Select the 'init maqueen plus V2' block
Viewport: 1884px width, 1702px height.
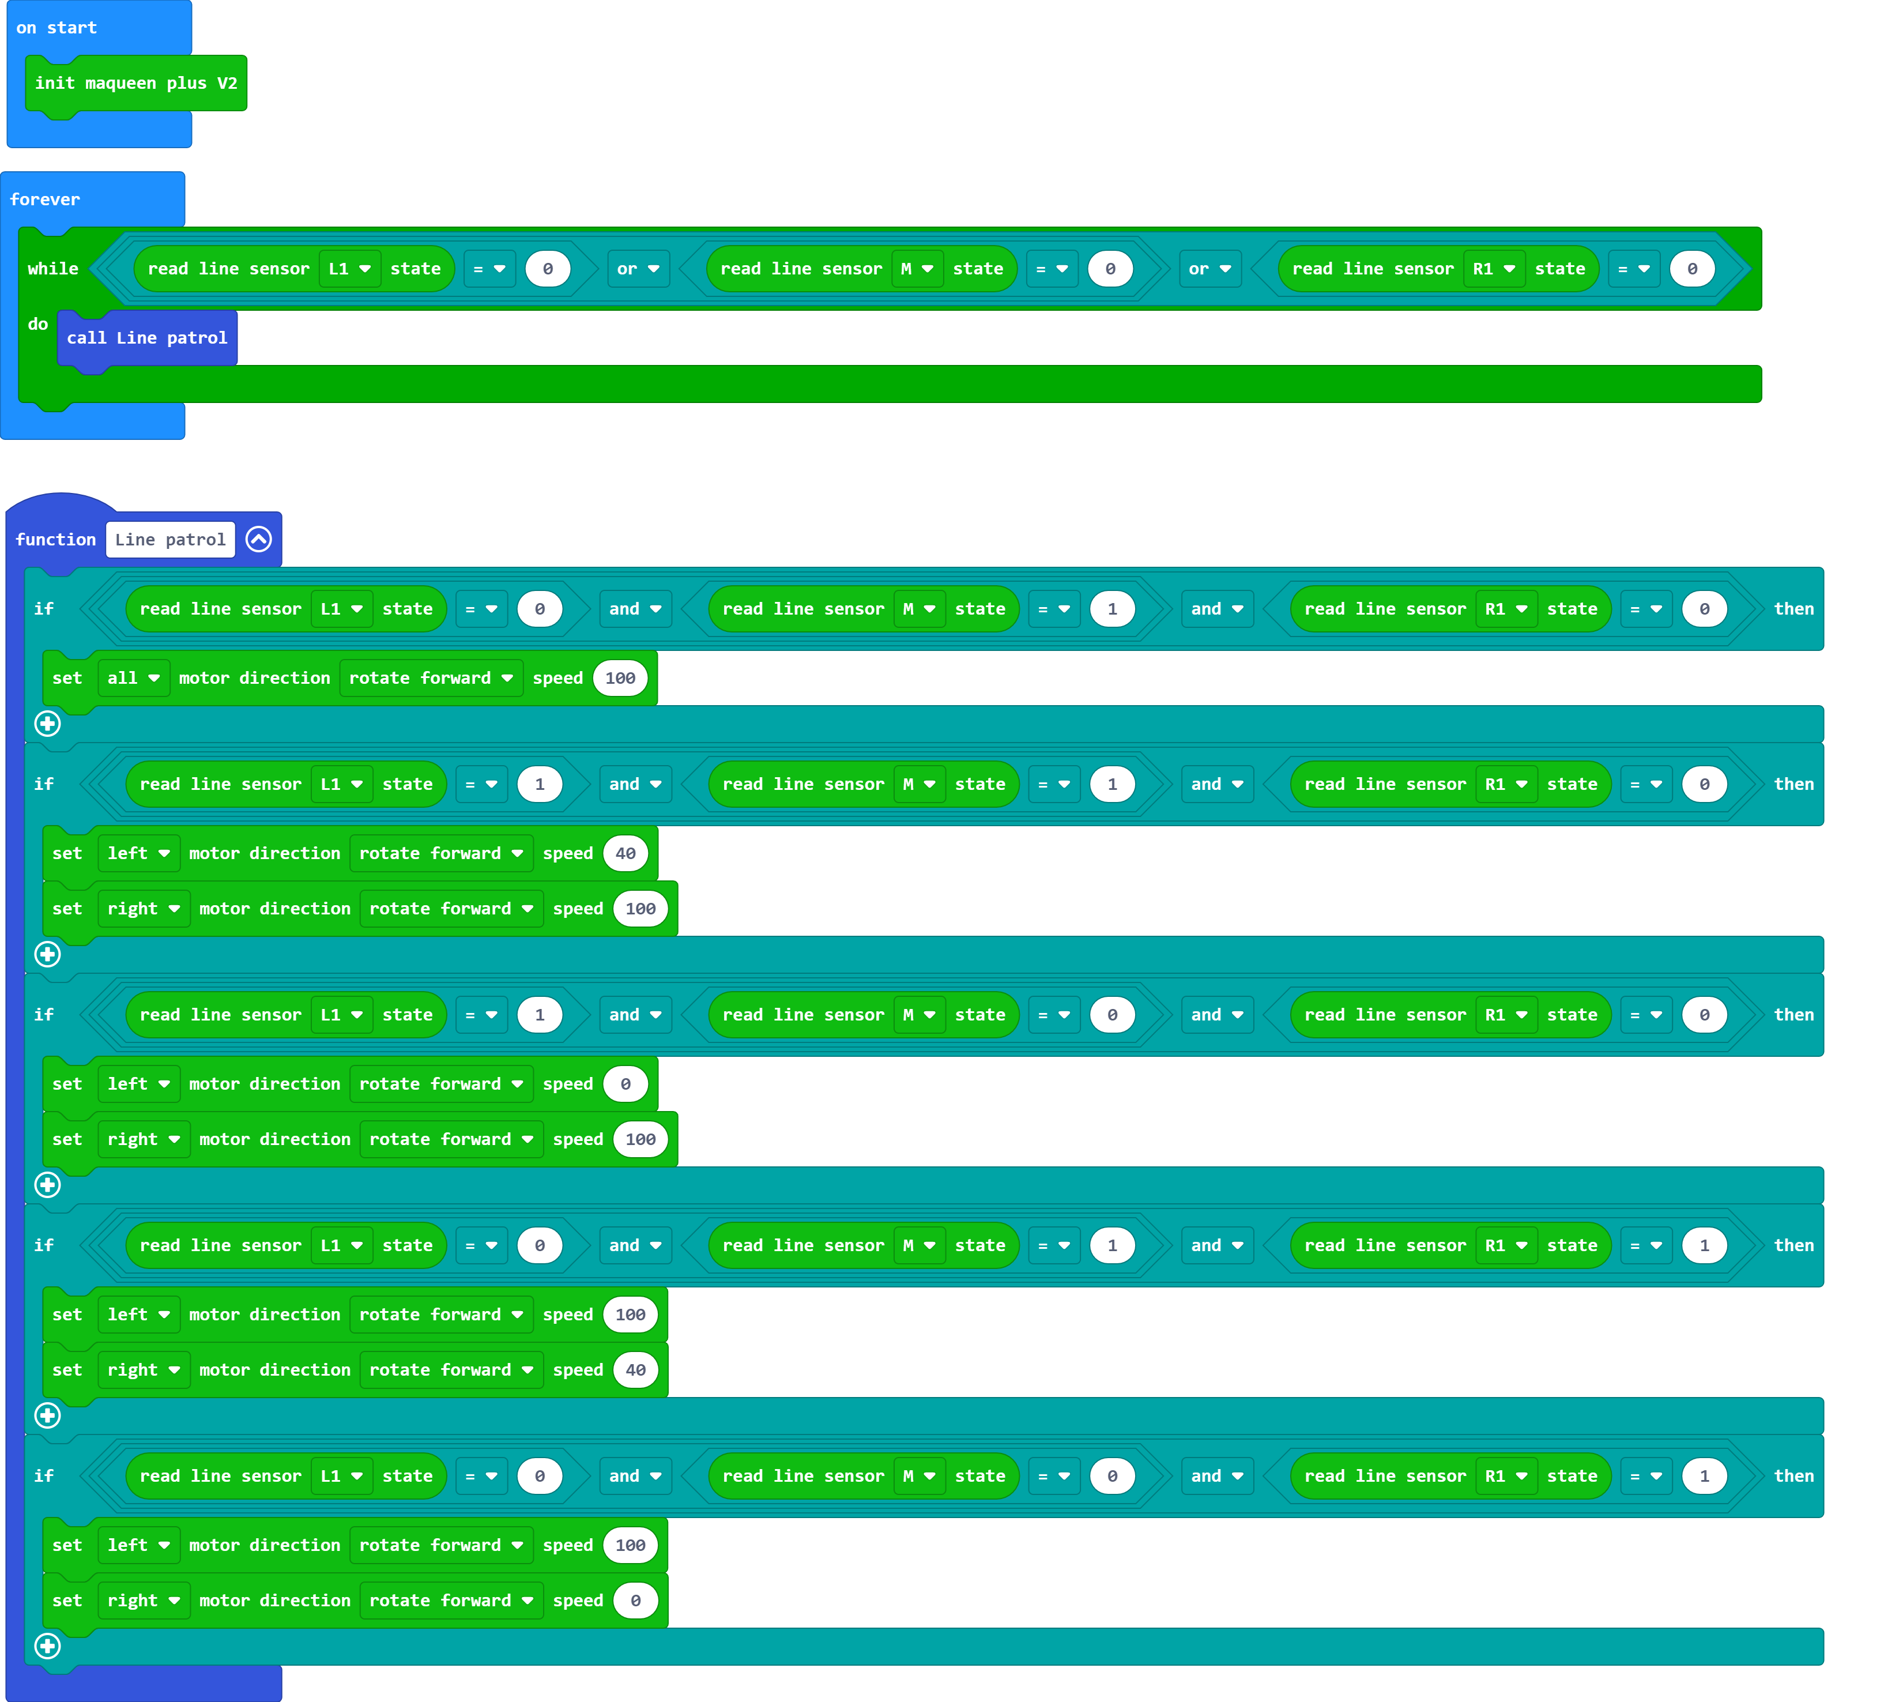click(x=135, y=83)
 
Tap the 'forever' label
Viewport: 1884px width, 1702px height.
click(x=45, y=199)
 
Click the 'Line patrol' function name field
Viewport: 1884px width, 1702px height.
click(x=170, y=539)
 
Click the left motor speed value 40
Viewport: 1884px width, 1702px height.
click(x=625, y=853)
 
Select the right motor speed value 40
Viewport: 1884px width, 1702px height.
click(x=635, y=1370)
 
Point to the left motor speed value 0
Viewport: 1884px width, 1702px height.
click(x=625, y=1084)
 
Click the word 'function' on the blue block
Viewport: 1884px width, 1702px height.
click(x=55, y=539)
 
